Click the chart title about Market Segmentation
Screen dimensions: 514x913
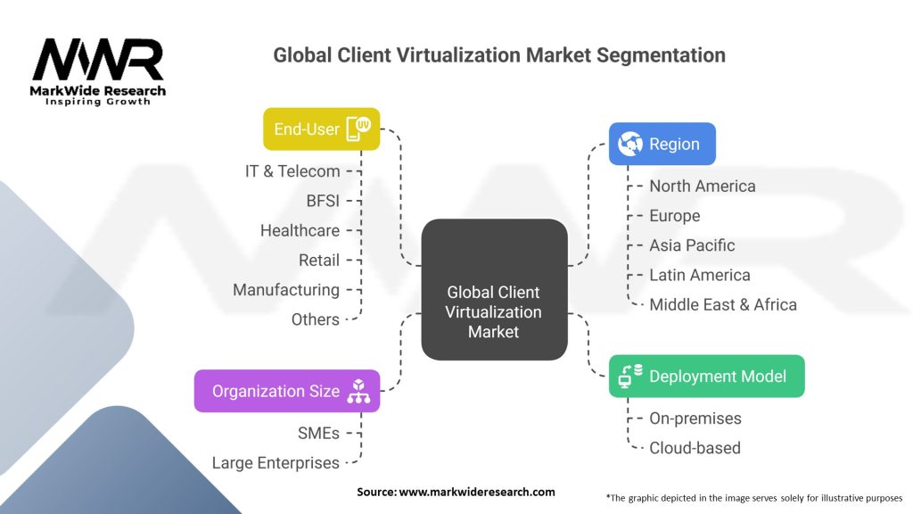click(x=499, y=55)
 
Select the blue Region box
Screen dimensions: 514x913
click(x=662, y=144)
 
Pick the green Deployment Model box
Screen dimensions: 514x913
click(x=706, y=377)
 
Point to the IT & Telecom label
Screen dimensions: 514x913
click(x=292, y=171)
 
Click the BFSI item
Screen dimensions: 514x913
click(x=322, y=201)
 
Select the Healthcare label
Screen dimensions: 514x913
click(x=300, y=230)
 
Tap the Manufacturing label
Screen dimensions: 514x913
click(x=286, y=290)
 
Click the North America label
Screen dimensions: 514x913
click(x=702, y=187)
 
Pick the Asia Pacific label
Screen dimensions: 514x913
click(x=692, y=245)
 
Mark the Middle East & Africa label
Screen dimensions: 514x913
click(x=722, y=304)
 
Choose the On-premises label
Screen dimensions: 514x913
click(x=695, y=419)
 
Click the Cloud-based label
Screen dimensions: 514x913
click(x=695, y=448)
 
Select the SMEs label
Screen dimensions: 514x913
click(x=318, y=433)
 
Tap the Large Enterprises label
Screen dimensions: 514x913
click(x=276, y=463)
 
